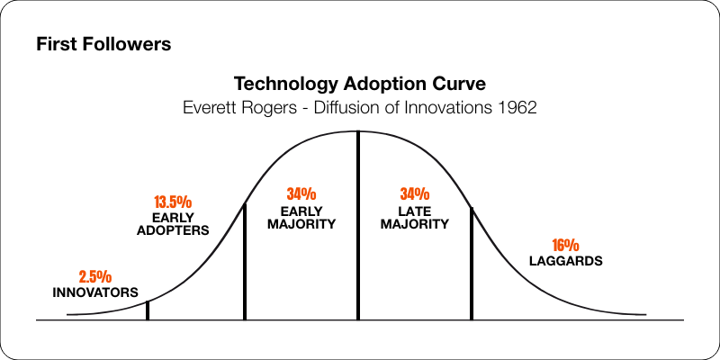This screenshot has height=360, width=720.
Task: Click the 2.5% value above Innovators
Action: click(94, 276)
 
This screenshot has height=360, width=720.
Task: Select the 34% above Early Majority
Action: click(301, 193)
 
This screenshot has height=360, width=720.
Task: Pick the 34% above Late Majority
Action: click(414, 193)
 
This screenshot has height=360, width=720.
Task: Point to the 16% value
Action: click(565, 245)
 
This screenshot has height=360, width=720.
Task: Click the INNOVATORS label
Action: click(94, 292)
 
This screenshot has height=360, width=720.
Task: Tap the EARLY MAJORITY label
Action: click(301, 216)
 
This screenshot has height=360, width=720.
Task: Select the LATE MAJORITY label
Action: click(414, 216)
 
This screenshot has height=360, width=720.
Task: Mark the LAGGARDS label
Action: click(565, 261)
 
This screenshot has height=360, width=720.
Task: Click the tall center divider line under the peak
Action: click(358, 225)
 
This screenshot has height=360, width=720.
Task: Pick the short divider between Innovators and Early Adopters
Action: click(148, 310)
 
